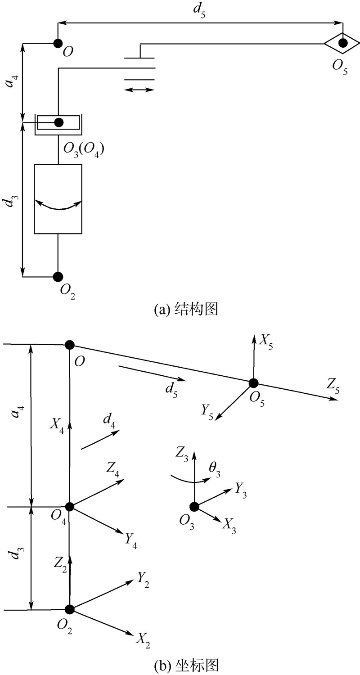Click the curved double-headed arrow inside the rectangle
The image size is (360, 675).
[58, 205]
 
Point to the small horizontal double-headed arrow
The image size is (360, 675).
[139, 90]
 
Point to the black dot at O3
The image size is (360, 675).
[194, 507]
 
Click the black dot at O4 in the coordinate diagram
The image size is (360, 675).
[69, 507]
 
